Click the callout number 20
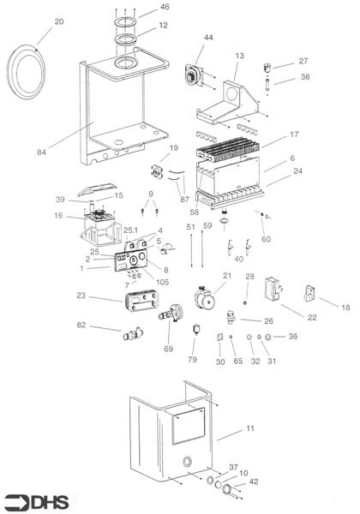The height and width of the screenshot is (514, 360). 59,21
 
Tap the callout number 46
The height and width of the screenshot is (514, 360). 165,7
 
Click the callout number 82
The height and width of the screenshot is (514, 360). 81,326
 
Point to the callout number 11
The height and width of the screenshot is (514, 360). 249,427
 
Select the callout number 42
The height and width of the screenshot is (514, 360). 254,482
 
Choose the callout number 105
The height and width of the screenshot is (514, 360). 163,281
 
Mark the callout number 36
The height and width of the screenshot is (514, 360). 292,337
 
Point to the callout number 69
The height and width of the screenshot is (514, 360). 168,349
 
